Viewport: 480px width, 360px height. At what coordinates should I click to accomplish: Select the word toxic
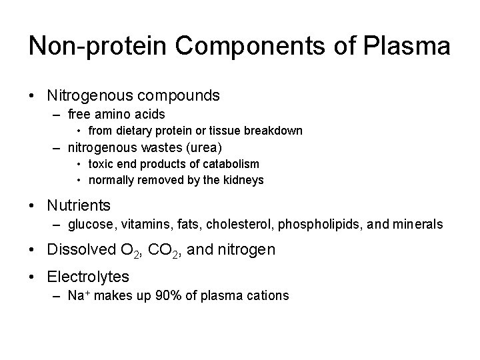click(101, 163)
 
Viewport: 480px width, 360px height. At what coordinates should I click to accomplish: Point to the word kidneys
click(244, 179)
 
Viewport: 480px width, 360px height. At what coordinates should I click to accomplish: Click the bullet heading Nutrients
click(79, 205)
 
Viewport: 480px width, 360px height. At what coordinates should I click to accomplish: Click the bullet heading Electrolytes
click(88, 276)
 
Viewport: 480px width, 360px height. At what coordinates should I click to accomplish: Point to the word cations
click(267, 295)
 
